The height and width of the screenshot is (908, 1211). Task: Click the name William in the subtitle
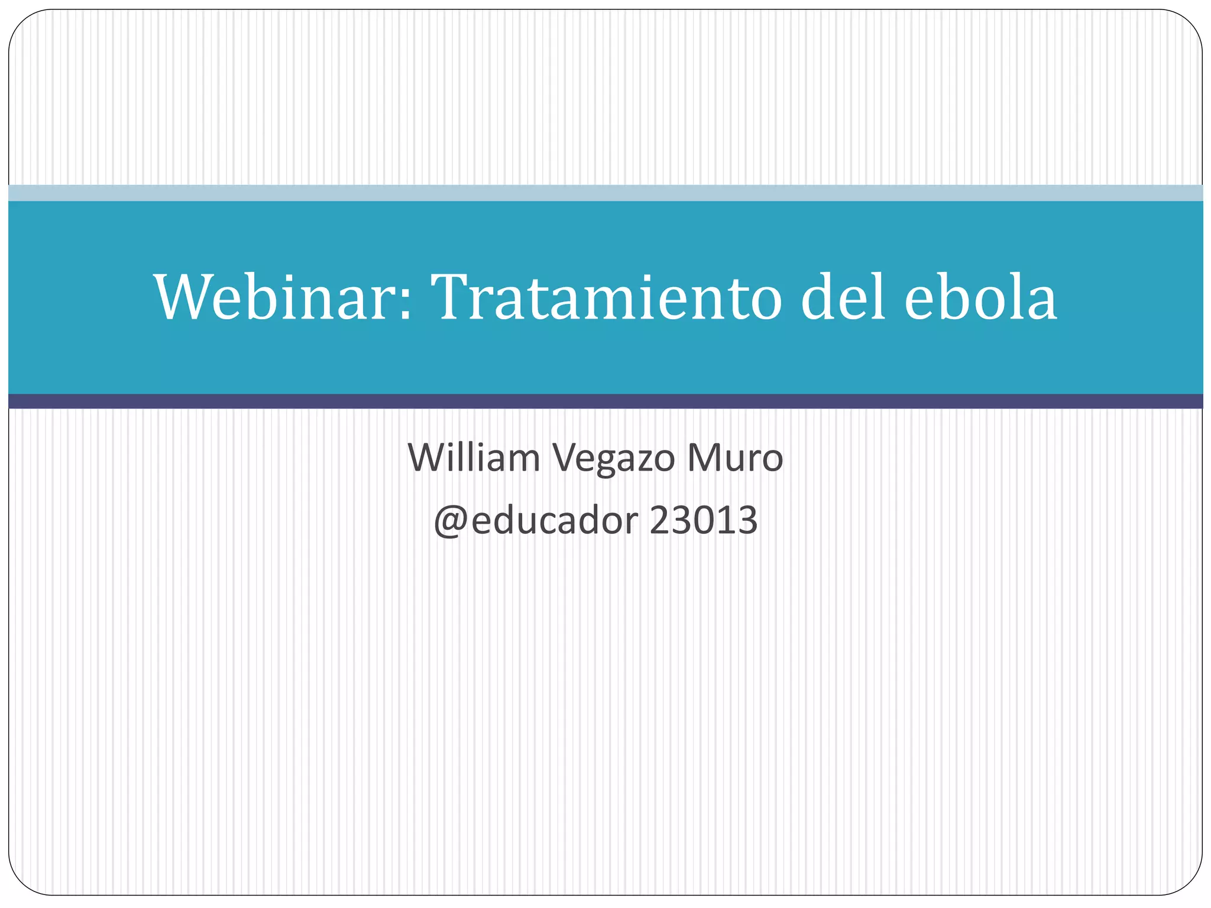474,458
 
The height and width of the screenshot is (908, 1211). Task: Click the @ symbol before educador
451,521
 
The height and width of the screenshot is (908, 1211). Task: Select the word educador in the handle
555,520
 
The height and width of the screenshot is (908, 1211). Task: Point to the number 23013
703,520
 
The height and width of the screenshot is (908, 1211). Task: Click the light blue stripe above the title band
605,193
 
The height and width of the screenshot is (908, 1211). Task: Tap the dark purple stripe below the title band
605,401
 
